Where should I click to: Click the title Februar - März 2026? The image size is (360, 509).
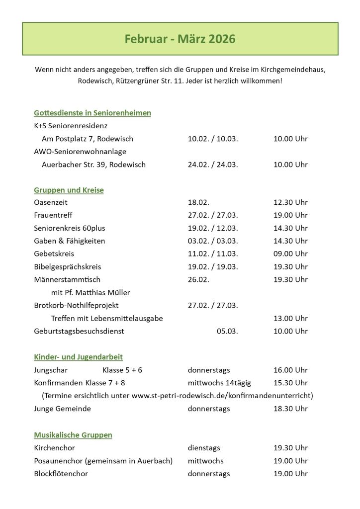coord(180,39)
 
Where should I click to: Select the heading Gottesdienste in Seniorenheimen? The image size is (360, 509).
coord(92,113)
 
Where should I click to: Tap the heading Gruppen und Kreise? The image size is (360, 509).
coord(69,190)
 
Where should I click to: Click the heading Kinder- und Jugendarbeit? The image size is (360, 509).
coord(78,357)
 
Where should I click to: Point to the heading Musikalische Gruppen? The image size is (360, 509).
coord(73,435)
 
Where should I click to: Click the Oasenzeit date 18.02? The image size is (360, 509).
coord(198,202)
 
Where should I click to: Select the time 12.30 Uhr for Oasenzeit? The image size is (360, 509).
coord(290,202)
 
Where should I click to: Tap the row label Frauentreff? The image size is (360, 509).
coord(53,215)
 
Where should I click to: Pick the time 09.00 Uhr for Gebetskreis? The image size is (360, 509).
coord(290,254)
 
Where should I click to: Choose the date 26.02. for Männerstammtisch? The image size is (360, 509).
coord(198,279)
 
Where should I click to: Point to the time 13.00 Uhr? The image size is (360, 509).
coord(290,318)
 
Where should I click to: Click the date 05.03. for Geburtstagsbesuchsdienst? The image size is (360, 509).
coord(227,331)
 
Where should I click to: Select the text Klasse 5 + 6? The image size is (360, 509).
coord(122,370)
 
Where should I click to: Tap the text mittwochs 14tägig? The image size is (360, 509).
coord(219,383)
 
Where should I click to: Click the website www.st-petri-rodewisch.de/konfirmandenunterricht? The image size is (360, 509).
coord(222,396)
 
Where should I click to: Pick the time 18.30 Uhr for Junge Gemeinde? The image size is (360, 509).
coord(290,409)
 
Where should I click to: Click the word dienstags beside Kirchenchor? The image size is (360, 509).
coord(204,448)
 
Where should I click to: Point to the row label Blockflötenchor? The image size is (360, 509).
coord(61,474)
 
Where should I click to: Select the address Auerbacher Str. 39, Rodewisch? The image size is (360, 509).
coord(93,165)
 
